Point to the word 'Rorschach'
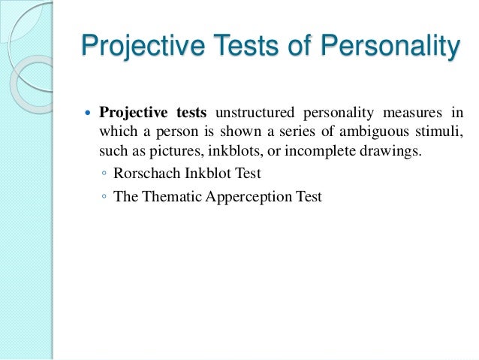tap(143, 175)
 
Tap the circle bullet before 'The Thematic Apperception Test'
tap(102, 198)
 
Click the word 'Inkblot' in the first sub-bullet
tap(201, 175)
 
